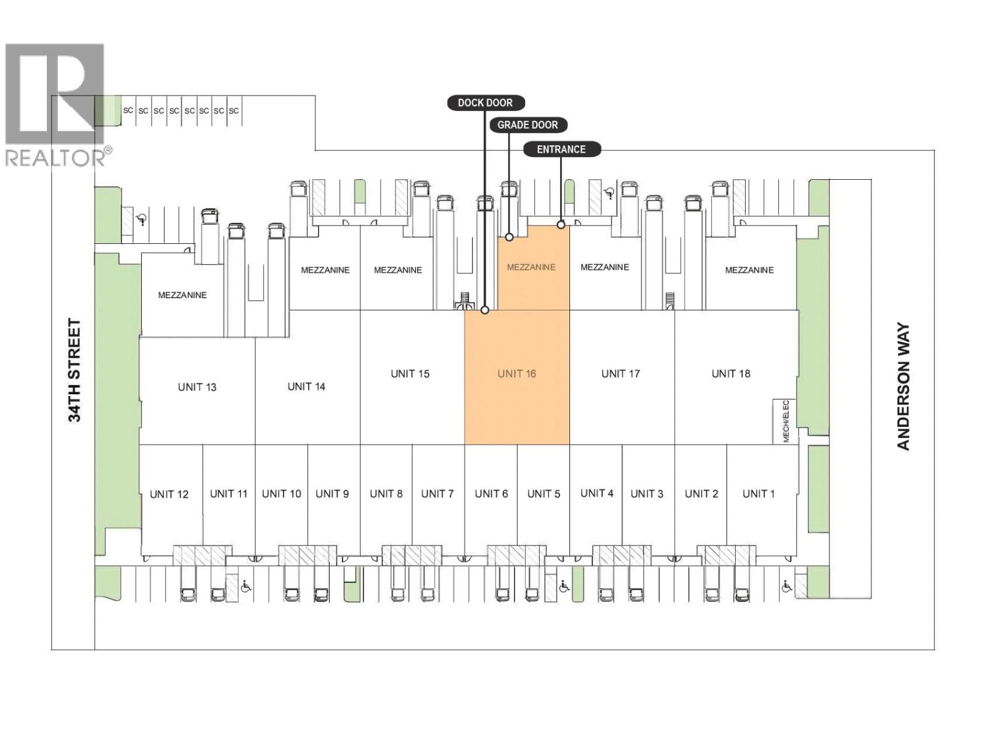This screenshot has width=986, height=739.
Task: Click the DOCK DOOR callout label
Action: coord(486,103)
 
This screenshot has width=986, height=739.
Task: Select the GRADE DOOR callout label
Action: coord(528,125)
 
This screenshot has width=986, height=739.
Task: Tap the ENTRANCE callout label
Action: coord(561,150)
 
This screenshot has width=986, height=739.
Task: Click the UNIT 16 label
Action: coord(516,374)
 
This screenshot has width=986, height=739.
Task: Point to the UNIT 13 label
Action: coord(197,387)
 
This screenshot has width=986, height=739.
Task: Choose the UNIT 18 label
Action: coord(731,374)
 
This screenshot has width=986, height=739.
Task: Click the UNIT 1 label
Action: coord(759,494)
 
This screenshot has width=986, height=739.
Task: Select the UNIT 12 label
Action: coord(169,495)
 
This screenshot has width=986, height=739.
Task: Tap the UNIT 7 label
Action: coord(438,494)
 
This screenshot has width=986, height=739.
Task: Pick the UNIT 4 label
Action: coord(597,493)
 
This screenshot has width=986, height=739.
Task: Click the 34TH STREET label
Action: coord(75,371)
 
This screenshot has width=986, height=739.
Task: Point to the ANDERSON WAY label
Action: coord(903,386)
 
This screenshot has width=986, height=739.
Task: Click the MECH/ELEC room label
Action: coord(786,421)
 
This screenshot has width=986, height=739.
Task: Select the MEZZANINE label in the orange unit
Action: coord(531,267)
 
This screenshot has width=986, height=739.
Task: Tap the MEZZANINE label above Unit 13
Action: coord(182,295)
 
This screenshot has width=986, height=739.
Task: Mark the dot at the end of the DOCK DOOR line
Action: coord(485,310)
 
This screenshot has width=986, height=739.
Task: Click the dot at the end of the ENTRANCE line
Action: coord(561,225)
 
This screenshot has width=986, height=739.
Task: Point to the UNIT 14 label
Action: coord(306,387)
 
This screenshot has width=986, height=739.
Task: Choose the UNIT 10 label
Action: coord(282,494)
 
